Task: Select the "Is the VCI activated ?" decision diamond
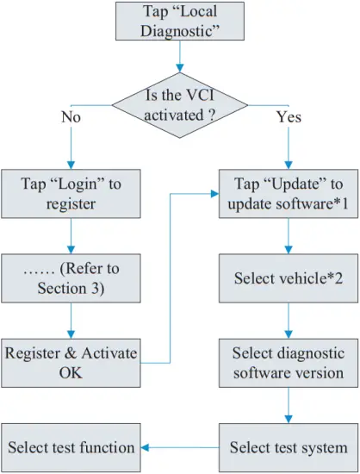(x=179, y=104)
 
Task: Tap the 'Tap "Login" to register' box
(x=70, y=195)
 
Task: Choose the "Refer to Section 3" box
(x=70, y=278)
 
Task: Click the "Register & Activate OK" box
(x=70, y=363)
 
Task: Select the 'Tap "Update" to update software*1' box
(x=289, y=195)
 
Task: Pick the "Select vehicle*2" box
(x=289, y=278)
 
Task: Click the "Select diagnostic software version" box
(x=289, y=363)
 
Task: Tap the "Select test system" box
(x=289, y=446)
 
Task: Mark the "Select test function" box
(x=70, y=446)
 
